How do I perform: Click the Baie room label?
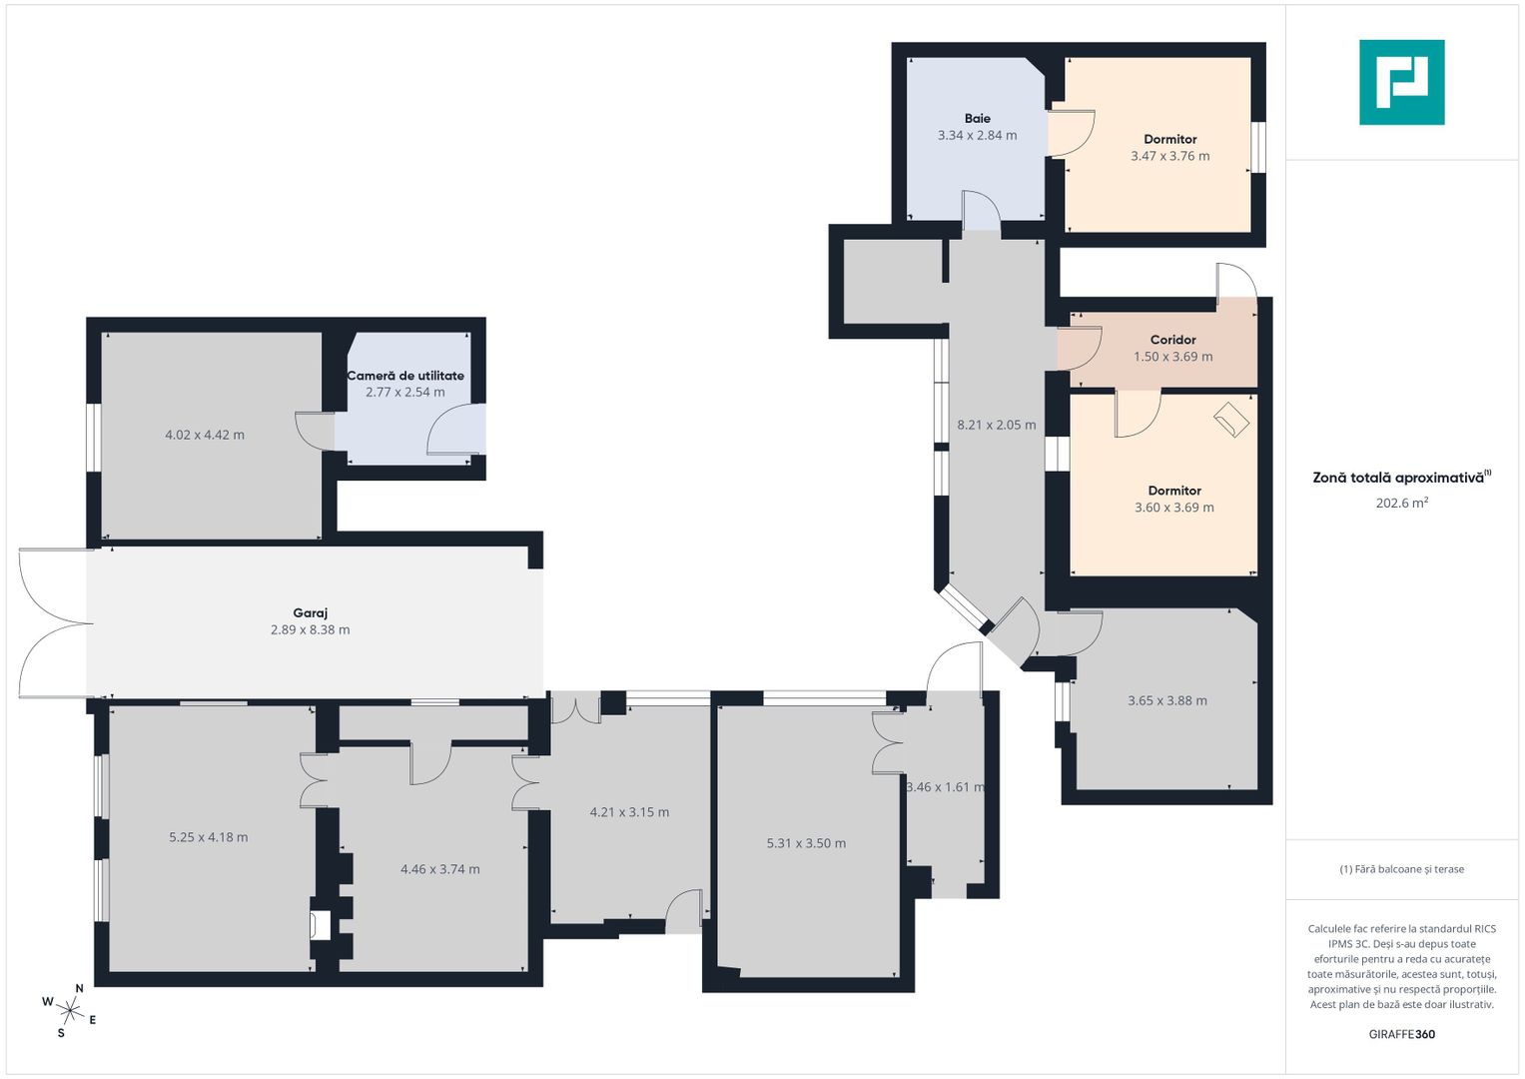point(977,119)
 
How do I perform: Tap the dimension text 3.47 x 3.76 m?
point(1170,156)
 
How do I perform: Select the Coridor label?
point(1173,340)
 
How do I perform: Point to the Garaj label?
point(311,613)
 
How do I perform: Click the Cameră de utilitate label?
point(405,376)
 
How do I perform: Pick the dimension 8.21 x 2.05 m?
point(997,425)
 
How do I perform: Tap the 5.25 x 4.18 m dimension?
point(209,837)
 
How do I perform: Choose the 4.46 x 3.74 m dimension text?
point(439,869)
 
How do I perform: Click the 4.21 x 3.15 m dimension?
point(629,812)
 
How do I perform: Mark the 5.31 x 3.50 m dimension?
point(806,843)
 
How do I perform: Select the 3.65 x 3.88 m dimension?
point(1167,700)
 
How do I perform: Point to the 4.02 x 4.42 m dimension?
point(205,435)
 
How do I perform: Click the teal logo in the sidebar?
point(1402,82)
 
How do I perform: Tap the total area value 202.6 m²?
point(1402,503)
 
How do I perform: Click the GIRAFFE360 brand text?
point(1402,1034)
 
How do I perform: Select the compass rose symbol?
point(70,1010)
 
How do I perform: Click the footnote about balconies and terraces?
point(1402,869)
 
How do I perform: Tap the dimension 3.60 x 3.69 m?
point(1174,508)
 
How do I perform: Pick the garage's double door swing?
point(56,623)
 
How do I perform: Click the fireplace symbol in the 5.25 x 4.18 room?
point(319,926)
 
